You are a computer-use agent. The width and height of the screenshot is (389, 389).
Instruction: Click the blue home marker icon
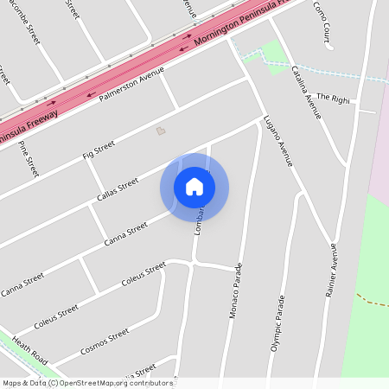tap(194, 187)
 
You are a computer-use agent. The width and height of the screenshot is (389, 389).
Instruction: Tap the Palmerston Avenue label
tap(131, 86)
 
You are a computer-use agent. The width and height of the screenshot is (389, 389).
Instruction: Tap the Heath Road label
tap(27, 349)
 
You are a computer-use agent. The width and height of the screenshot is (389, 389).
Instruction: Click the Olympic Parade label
tap(279, 322)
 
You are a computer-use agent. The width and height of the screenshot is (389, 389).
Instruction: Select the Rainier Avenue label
tap(330, 271)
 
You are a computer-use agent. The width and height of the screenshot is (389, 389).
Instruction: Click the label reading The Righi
tap(333, 99)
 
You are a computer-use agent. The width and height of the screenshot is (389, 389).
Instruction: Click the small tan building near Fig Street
tap(159, 131)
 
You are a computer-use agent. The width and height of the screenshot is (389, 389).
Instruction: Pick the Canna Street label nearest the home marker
tap(126, 234)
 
